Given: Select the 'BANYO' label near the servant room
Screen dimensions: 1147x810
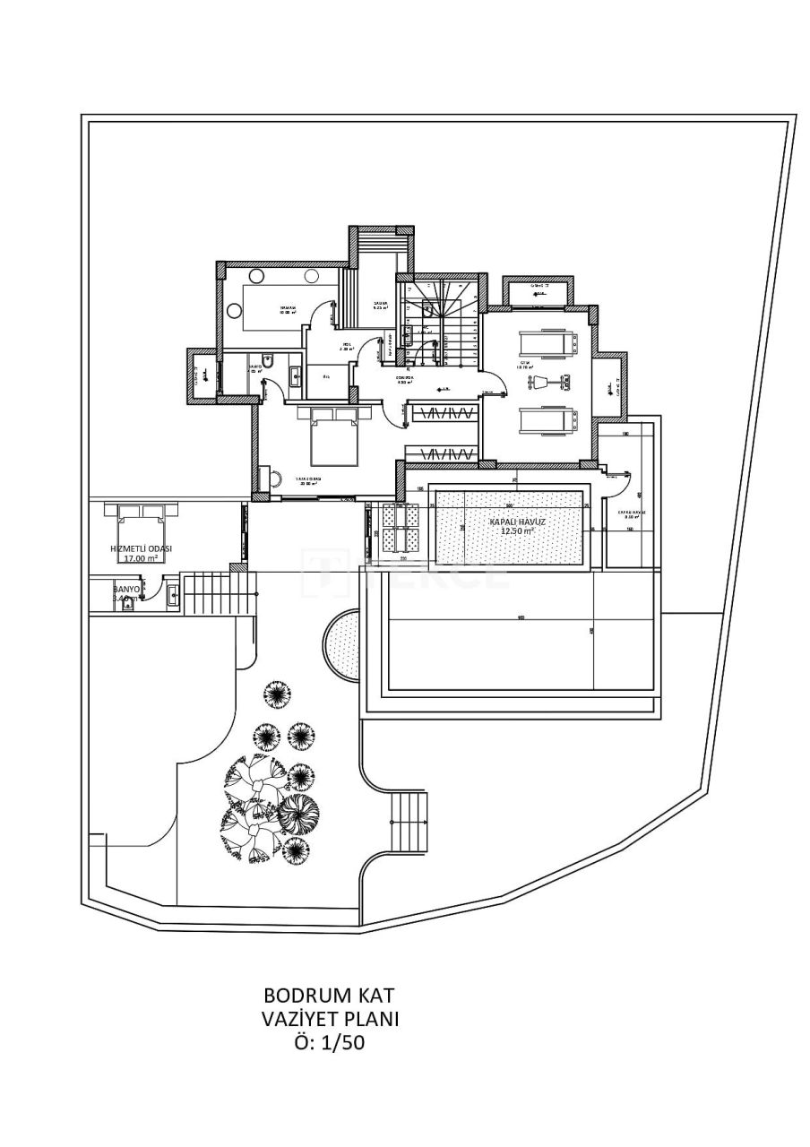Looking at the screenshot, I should point(126,590).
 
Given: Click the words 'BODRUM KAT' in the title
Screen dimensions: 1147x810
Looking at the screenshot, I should point(329,996).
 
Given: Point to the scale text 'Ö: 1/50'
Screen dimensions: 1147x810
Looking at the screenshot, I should point(329,1042).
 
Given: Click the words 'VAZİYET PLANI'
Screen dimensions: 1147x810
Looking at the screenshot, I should point(329,1019).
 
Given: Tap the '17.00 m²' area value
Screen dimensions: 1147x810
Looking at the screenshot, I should point(141,558).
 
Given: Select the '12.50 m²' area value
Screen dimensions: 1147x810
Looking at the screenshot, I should point(517,530).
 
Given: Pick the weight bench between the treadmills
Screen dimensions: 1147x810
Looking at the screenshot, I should point(543,382).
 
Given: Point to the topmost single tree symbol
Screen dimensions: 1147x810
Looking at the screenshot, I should point(277,693).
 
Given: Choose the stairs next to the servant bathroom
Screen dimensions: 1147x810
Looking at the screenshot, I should point(207,593).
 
